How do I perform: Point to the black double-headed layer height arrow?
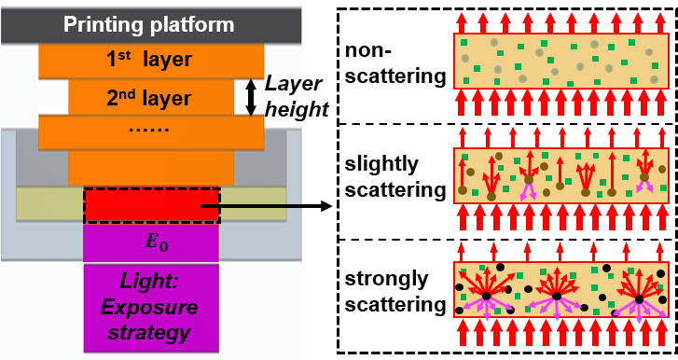point(250,97)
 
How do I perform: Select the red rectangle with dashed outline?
point(152,204)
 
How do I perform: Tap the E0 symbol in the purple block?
point(151,242)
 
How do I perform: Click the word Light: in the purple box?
point(151,282)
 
